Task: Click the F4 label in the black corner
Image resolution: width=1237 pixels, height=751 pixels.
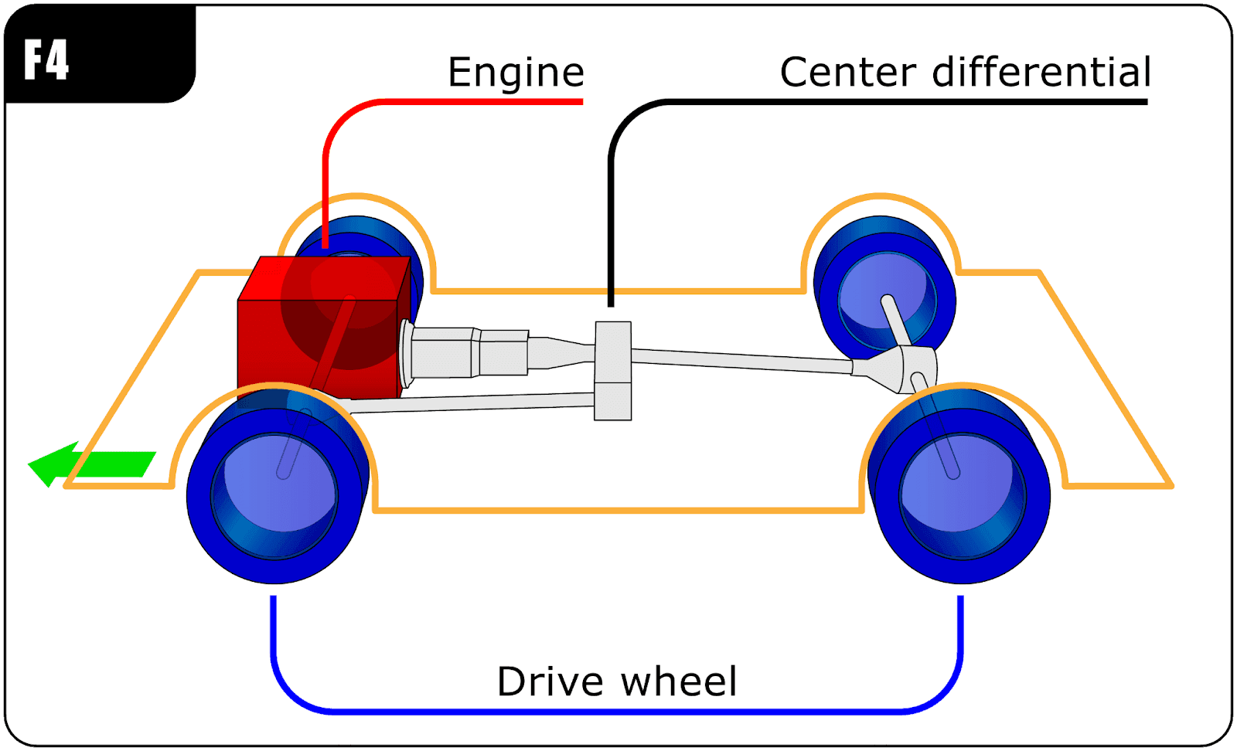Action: coord(46,60)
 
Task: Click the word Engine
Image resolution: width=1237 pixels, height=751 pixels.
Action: coord(516,73)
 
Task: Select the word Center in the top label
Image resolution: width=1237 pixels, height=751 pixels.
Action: coord(847,73)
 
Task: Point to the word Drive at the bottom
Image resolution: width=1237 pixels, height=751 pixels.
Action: coord(550,681)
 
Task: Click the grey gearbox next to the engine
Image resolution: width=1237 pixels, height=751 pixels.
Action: coord(464,354)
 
